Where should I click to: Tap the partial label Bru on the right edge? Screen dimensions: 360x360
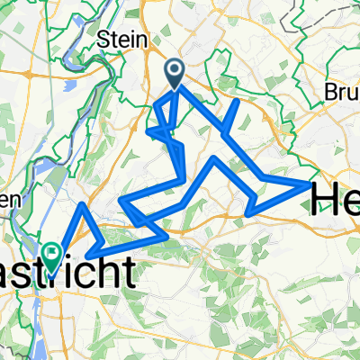pyautogui.click(x=342, y=94)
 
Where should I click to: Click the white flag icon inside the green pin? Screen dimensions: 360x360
pyautogui.click(x=53, y=254)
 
